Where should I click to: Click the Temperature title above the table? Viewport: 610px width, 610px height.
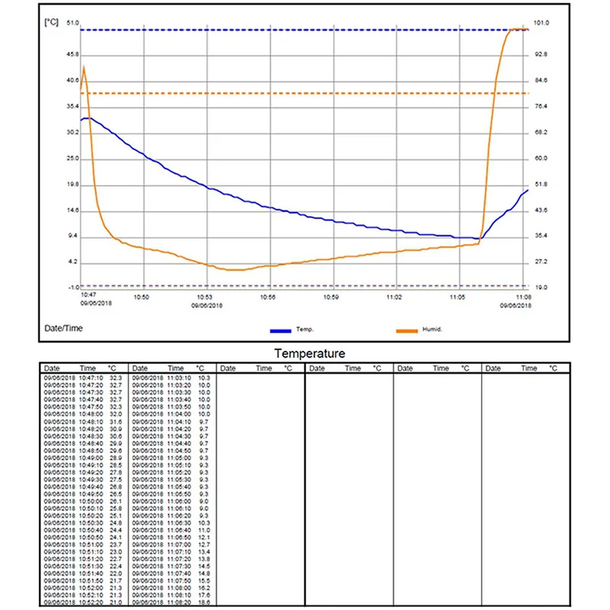click(x=310, y=354)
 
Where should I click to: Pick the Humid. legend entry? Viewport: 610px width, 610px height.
click(x=432, y=329)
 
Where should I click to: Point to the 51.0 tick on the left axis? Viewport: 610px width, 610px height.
click(x=73, y=23)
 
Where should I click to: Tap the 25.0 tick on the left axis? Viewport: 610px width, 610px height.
click(x=73, y=159)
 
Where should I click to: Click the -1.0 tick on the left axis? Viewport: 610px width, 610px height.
click(x=73, y=288)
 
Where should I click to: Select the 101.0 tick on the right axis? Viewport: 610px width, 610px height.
click(x=540, y=23)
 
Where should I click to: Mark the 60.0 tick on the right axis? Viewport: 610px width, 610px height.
click(x=540, y=159)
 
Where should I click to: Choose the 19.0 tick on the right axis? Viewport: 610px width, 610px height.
click(x=540, y=288)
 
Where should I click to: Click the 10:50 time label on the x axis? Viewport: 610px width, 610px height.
click(x=141, y=296)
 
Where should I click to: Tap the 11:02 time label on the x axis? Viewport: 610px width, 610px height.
click(x=394, y=296)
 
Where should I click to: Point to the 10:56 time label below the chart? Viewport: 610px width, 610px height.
click(x=268, y=296)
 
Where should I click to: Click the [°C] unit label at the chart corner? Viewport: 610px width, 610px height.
click(x=51, y=22)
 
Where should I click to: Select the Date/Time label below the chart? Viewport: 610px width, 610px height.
click(x=62, y=329)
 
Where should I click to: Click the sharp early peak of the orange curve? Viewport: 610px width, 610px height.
click(x=83, y=67)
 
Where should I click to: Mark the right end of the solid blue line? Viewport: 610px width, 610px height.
click(x=528, y=190)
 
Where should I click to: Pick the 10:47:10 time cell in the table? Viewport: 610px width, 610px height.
click(x=92, y=377)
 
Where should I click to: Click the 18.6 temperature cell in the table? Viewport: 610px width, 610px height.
click(x=204, y=602)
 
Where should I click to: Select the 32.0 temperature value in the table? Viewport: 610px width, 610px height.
click(x=116, y=414)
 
